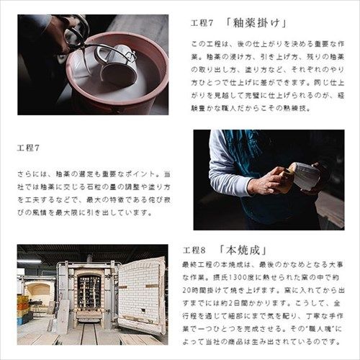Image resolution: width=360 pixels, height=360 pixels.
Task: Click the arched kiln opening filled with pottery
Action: click(90, 292)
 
